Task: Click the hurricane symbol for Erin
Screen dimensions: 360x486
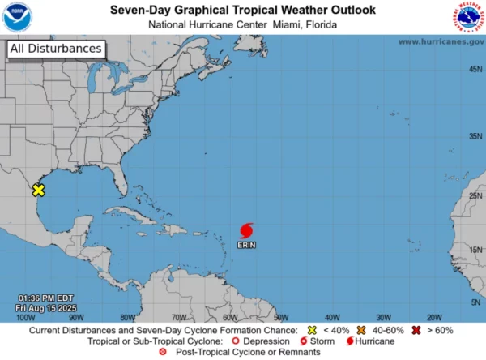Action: click(x=248, y=229)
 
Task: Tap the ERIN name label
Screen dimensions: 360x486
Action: click(x=248, y=244)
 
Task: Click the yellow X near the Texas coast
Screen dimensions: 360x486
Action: click(x=38, y=191)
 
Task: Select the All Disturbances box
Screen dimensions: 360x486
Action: click(x=56, y=49)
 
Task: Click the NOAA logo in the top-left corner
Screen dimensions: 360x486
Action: click(x=16, y=17)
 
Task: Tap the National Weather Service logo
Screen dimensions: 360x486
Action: click(x=468, y=17)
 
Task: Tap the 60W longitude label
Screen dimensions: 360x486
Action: click(x=229, y=317)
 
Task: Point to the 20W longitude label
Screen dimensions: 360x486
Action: click(x=433, y=317)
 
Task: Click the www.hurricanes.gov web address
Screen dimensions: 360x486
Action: click(x=441, y=41)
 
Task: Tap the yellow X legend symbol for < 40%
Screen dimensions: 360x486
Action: click(x=311, y=331)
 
